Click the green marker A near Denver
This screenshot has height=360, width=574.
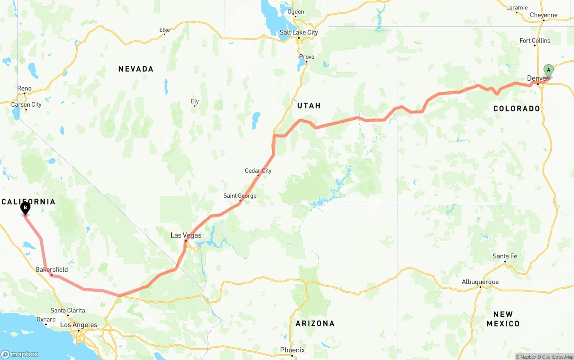[x=548, y=70]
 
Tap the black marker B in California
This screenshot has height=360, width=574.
[x=25, y=208]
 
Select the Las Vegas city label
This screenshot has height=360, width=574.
[x=186, y=235]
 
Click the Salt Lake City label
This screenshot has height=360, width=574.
[x=299, y=32]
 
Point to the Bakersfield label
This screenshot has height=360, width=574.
[x=52, y=269]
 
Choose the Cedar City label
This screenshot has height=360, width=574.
[x=258, y=171]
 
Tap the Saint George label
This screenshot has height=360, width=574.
[x=240, y=196]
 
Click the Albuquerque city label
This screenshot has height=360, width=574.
[x=480, y=282]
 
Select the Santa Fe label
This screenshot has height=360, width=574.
[x=504, y=256]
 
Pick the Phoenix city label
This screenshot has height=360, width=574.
[x=292, y=350]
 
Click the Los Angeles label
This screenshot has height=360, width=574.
[x=78, y=325]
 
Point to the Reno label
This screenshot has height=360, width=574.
[x=24, y=88]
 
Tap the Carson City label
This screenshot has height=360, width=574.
[x=26, y=104]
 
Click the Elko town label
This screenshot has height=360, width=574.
[x=165, y=30]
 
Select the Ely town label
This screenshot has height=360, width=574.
[x=195, y=101]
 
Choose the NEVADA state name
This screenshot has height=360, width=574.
[x=136, y=69]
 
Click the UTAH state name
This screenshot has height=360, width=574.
[x=309, y=106]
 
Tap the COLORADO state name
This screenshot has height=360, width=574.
[x=517, y=108]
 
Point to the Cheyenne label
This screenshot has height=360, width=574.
[x=544, y=15]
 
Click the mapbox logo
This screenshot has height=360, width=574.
[x=20, y=354]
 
